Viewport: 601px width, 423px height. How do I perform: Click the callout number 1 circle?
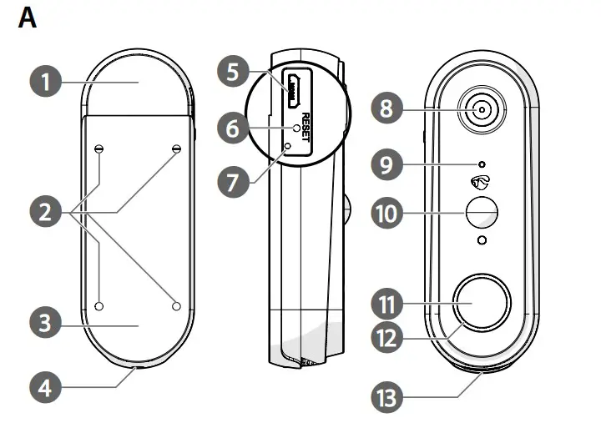(46, 82)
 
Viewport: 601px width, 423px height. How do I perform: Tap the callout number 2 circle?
(46, 213)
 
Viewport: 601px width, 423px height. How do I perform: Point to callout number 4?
(46, 386)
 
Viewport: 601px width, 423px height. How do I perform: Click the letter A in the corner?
(28, 18)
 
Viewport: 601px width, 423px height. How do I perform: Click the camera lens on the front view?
(482, 108)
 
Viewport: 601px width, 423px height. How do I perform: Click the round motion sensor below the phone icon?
(481, 213)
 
